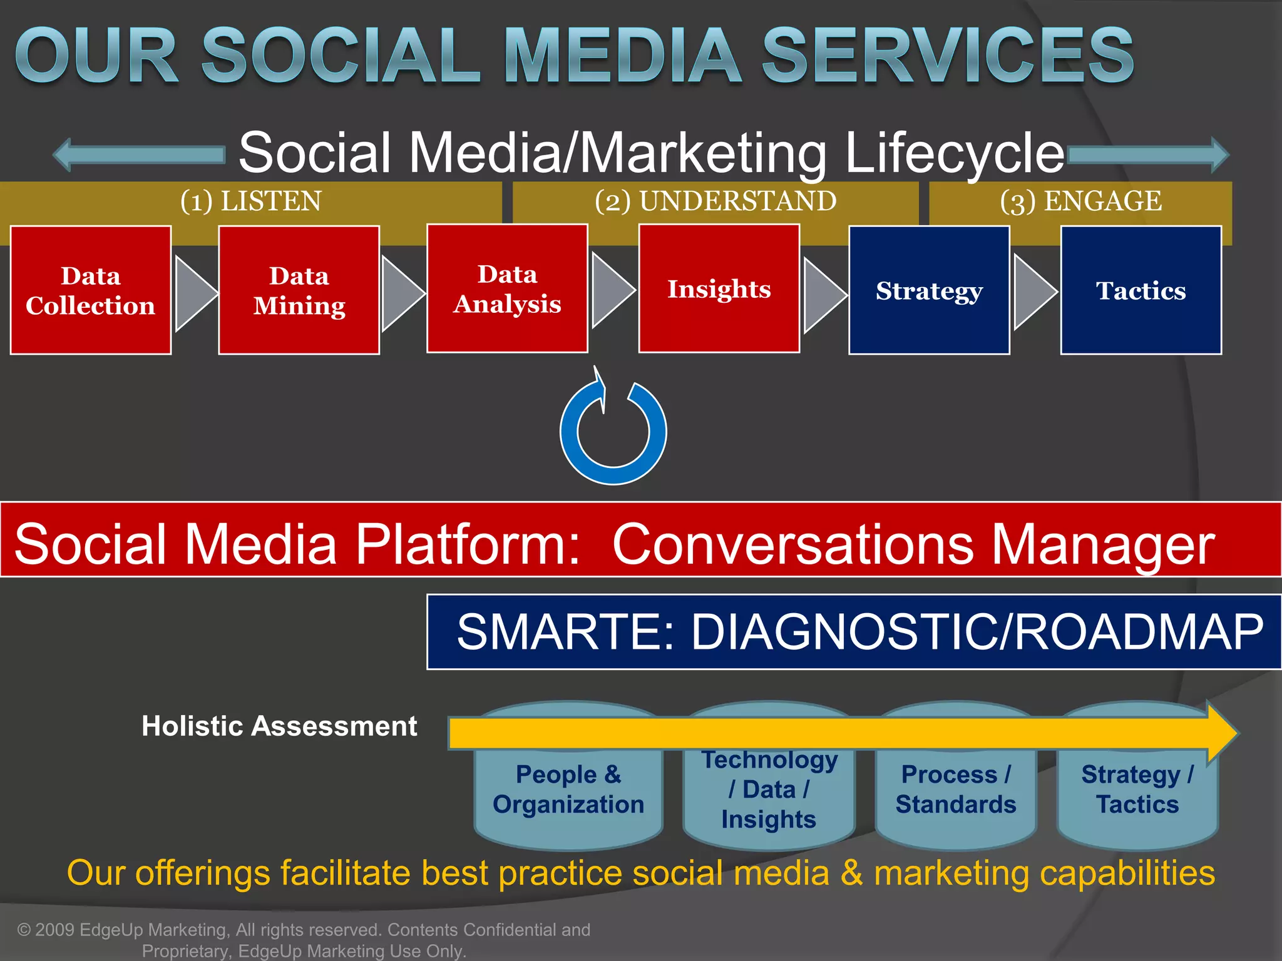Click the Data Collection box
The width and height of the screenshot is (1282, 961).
91,290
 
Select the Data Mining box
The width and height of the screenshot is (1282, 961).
299,290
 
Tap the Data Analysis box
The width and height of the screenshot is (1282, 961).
507,288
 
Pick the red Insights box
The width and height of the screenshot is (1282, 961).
719,288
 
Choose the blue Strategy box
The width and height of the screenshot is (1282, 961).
929,290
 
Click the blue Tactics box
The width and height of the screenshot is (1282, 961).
1141,290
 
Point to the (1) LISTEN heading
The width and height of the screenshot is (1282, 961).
250,201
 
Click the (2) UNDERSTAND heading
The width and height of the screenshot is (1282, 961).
715,201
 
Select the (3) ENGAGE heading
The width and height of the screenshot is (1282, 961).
1080,201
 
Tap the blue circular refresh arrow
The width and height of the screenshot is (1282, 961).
613,432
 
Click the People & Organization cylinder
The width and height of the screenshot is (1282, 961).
568,790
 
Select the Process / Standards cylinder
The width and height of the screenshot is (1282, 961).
955,790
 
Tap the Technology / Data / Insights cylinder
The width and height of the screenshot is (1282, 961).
769,790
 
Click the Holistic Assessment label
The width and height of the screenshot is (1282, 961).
279,726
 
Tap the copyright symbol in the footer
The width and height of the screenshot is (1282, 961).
24,930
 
